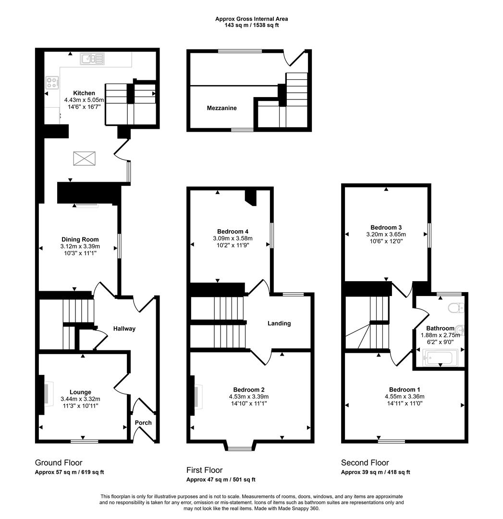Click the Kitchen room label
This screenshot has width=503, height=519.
tap(84, 93)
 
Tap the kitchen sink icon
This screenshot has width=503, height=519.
tap(92, 59)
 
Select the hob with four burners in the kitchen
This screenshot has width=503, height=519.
tap(52, 82)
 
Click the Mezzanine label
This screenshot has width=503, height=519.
tap(221, 108)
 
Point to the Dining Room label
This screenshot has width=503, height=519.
tap(80, 239)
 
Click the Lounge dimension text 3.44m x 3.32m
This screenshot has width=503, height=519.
tap(80, 399)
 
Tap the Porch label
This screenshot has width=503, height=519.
tap(143, 423)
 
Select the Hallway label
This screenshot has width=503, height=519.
tap(124, 329)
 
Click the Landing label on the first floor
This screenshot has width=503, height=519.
tap(279, 323)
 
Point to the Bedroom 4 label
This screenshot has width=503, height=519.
tap(233, 231)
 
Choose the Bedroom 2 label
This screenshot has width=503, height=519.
tap(249, 389)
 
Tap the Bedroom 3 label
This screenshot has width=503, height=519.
tap(386, 227)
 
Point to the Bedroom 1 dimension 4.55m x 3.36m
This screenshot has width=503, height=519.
tap(405, 396)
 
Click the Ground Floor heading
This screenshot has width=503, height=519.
tap(59, 463)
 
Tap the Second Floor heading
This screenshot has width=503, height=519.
tap(365, 463)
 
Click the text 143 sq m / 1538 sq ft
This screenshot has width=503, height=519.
tap(251, 25)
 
